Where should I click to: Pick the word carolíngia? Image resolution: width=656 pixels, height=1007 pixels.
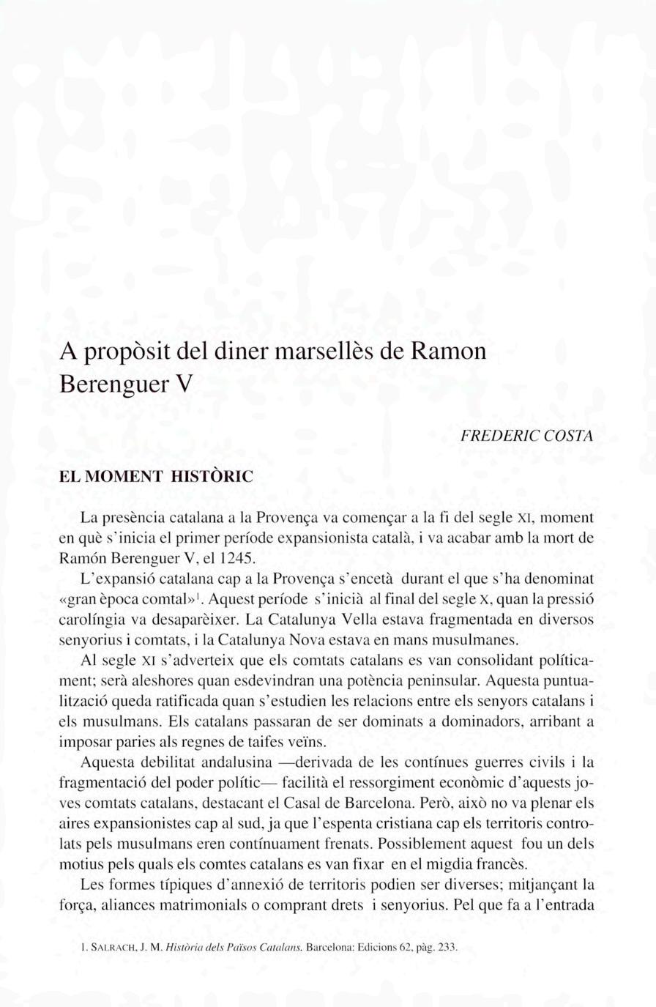92,619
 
